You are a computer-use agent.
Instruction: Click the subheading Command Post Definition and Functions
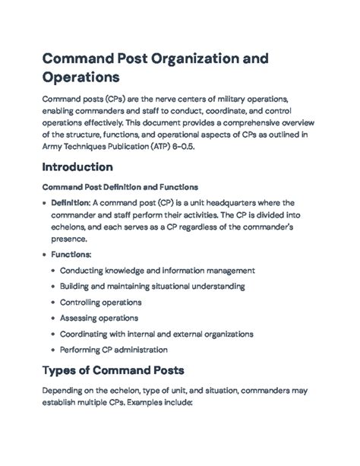(x=120, y=186)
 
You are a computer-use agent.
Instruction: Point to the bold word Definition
(x=70, y=203)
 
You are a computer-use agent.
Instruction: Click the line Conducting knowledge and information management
(x=157, y=271)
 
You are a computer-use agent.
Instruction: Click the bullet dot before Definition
(x=44, y=203)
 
